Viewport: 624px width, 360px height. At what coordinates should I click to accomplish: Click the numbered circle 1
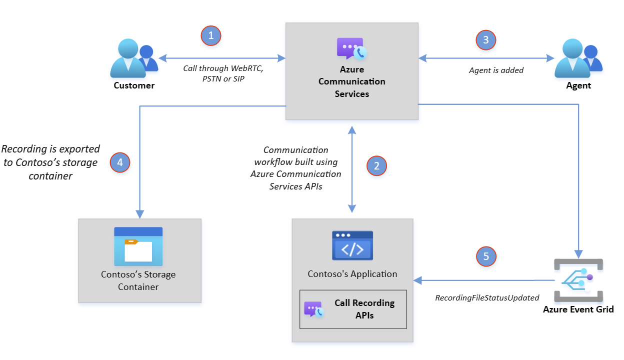(x=211, y=35)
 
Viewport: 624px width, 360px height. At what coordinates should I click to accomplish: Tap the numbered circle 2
(x=376, y=166)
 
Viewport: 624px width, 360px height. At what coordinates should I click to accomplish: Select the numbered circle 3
(x=486, y=40)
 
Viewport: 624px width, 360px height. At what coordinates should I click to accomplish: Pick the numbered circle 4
(x=120, y=162)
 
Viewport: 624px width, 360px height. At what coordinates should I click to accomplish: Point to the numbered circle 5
(x=486, y=256)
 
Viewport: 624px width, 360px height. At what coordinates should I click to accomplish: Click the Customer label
(x=134, y=85)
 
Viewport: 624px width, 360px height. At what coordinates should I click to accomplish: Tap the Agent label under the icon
(x=578, y=85)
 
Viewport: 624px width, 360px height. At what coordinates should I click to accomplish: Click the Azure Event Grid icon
(x=578, y=280)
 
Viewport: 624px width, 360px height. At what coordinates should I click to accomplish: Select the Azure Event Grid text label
(x=578, y=309)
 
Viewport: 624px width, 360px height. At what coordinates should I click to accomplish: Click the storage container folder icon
(x=138, y=246)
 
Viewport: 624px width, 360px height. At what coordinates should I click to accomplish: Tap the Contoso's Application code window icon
(x=352, y=245)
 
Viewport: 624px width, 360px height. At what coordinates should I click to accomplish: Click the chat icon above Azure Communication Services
(x=351, y=49)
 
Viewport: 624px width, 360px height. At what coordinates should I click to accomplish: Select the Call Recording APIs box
(x=353, y=309)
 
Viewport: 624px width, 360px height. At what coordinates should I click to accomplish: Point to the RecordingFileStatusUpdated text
(x=487, y=298)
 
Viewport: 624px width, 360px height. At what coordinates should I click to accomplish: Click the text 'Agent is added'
(x=496, y=70)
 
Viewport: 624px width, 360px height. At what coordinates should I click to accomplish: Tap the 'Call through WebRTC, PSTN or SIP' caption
(x=223, y=73)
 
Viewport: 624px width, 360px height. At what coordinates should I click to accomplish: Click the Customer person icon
(x=134, y=58)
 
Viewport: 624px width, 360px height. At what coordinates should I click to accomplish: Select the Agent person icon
(x=578, y=58)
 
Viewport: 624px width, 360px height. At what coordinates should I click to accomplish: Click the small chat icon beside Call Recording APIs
(x=314, y=309)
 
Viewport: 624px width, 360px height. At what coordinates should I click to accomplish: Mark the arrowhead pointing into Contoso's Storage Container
(x=139, y=214)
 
